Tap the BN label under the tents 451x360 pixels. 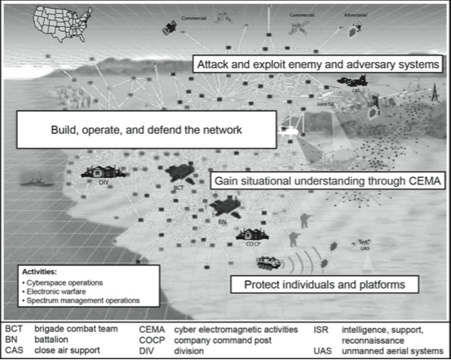point(222,219)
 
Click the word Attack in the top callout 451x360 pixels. point(215,64)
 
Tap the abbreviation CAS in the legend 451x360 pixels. point(14,352)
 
